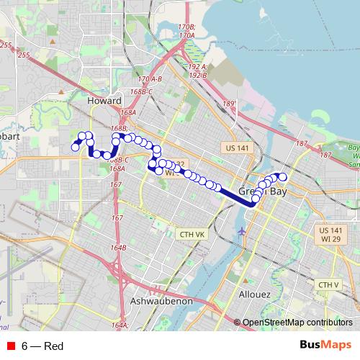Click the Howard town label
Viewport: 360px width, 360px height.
click(104, 102)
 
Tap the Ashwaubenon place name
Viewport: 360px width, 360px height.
click(161, 301)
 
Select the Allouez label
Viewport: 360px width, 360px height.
click(255, 295)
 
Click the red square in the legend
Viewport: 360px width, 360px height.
click(10, 346)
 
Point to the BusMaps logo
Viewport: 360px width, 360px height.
click(325, 346)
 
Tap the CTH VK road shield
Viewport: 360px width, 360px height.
click(192, 234)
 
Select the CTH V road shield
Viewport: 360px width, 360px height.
click(328, 285)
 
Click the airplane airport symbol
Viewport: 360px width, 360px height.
click(241, 230)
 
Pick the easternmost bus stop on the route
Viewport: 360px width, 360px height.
click(283, 176)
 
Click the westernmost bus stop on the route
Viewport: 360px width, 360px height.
click(75, 148)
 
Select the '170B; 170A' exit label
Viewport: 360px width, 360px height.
click(186, 31)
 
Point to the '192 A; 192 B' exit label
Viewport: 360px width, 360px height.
click(198, 69)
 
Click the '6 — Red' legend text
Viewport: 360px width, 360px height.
click(42, 346)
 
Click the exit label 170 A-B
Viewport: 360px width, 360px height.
click(150, 78)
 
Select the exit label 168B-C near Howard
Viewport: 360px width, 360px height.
click(141, 92)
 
